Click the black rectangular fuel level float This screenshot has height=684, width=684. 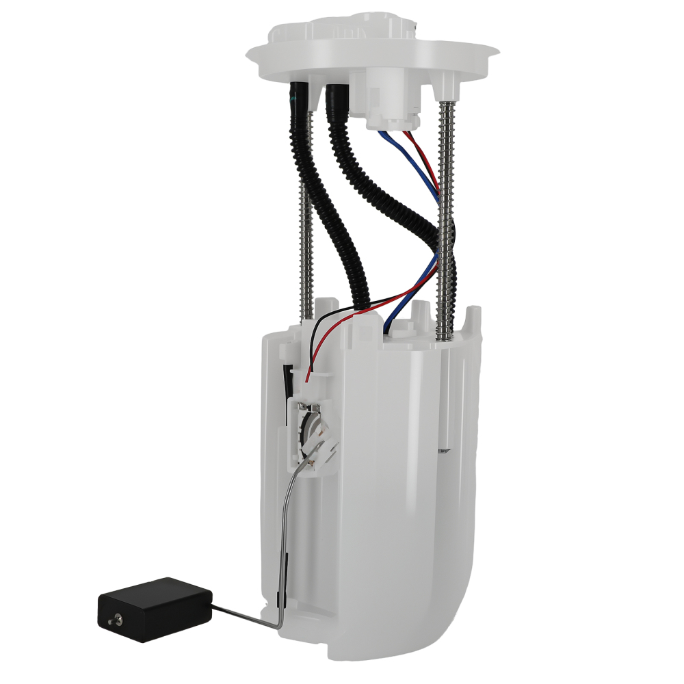coord(154,608)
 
